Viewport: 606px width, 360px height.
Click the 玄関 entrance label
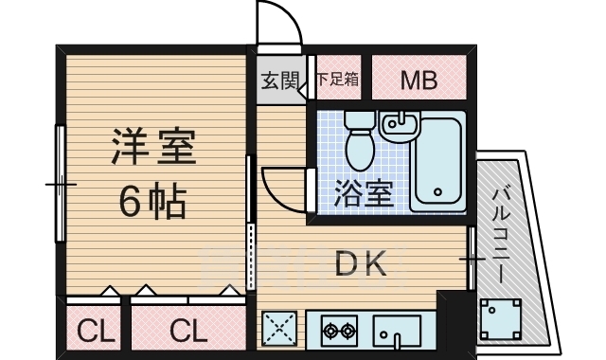[x=278, y=80]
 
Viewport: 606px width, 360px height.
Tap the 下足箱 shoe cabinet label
[x=338, y=80]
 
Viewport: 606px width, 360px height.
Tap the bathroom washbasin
[x=399, y=124]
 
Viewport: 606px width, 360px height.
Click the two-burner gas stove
[x=339, y=331]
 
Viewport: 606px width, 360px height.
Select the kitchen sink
[x=398, y=332]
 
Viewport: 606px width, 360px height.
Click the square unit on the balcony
[x=499, y=319]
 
